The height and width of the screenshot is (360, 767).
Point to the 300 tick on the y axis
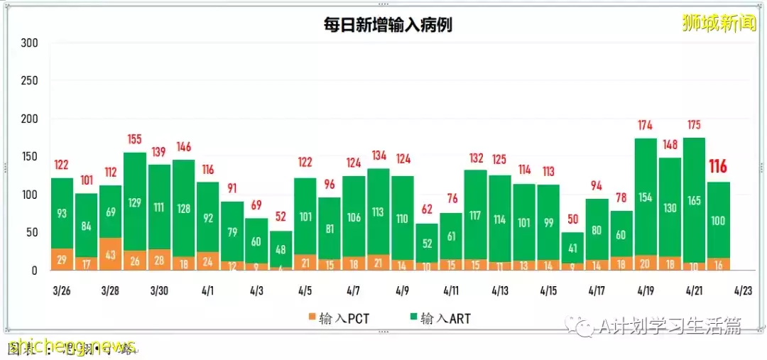(29, 43)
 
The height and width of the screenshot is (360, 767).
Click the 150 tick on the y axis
(29, 157)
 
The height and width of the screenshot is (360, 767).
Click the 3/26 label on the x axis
(61, 290)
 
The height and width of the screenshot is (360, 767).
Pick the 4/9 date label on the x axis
(402, 290)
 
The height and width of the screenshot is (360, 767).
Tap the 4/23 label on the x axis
(743, 290)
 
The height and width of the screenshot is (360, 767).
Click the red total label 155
(135, 139)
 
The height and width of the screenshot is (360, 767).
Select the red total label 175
(693, 125)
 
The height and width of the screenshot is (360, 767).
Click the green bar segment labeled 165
(693, 200)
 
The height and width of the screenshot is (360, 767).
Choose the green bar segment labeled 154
(645, 197)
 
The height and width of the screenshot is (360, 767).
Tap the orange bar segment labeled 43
(110, 253)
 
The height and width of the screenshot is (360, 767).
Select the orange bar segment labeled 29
(62, 259)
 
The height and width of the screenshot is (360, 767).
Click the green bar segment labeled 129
(135, 202)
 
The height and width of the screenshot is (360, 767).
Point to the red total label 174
(645, 126)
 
